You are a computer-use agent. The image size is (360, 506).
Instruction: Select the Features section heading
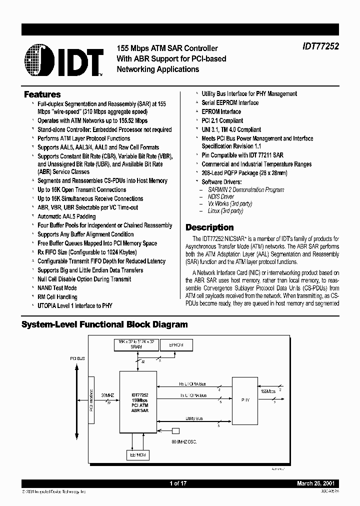point(42,94)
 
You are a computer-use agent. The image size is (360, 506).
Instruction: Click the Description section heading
point(209,227)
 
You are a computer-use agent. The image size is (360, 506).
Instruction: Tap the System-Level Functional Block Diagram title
point(104,324)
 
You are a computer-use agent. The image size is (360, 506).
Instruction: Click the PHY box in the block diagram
point(244,399)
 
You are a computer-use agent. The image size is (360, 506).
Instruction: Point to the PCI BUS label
point(77,359)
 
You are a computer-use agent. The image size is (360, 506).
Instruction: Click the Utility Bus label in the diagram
point(193,418)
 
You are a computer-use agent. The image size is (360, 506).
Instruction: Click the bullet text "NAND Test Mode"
point(57,288)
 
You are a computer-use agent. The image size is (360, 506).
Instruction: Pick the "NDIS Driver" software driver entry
point(220,196)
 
